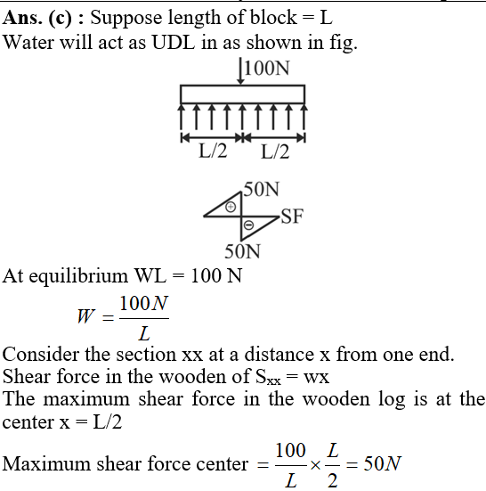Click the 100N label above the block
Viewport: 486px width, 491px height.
(x=267, y=68)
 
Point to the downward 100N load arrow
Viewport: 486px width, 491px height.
(x=240, y=70)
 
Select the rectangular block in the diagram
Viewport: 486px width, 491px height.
(x=242, y=94)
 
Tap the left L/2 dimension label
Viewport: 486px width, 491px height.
(x=213, y=151)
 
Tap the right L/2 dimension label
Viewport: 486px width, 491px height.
(x=275, y=151)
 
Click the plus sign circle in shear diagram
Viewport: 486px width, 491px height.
(x=231, y=207)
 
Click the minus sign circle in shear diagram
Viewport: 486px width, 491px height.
(x=248, y=225)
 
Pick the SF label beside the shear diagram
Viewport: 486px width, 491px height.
(x=292, y=216)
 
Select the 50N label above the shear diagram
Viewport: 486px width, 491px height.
(x=261, y=189)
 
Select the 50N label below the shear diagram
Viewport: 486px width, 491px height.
(x=242, y=251)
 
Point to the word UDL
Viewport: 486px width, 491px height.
(x=174, y=42)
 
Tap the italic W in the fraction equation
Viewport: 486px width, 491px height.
(x=85, y=316)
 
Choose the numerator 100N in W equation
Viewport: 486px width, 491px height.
(x=144, y=303)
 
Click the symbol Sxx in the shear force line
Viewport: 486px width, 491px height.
(x=268, y=377)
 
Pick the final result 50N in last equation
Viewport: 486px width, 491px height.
(x=382, y=463)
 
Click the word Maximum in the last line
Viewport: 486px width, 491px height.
(x=46, y=463)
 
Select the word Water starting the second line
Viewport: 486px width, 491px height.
(x=28, y=42)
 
